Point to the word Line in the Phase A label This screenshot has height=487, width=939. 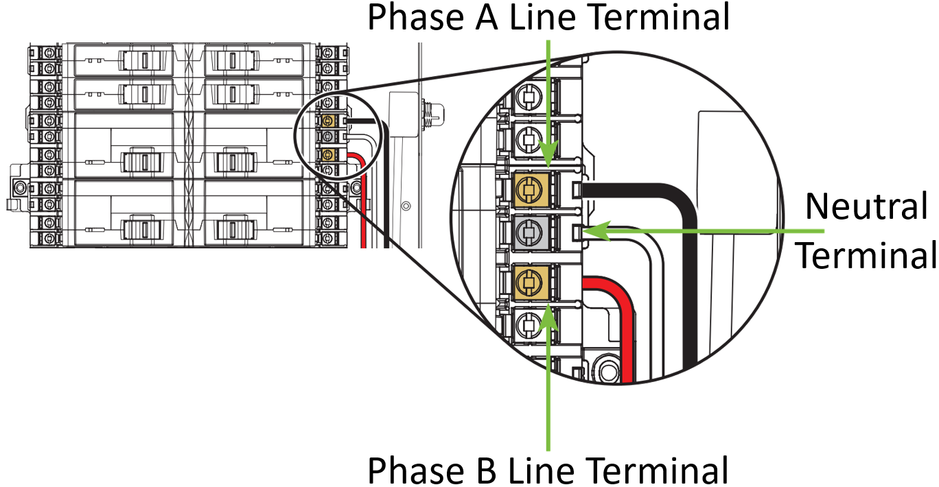point(537,18)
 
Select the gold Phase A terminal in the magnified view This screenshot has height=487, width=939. point(529,188)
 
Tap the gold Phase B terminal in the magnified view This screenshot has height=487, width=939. point(529,282)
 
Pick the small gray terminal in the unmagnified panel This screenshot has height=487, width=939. point(329,137)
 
